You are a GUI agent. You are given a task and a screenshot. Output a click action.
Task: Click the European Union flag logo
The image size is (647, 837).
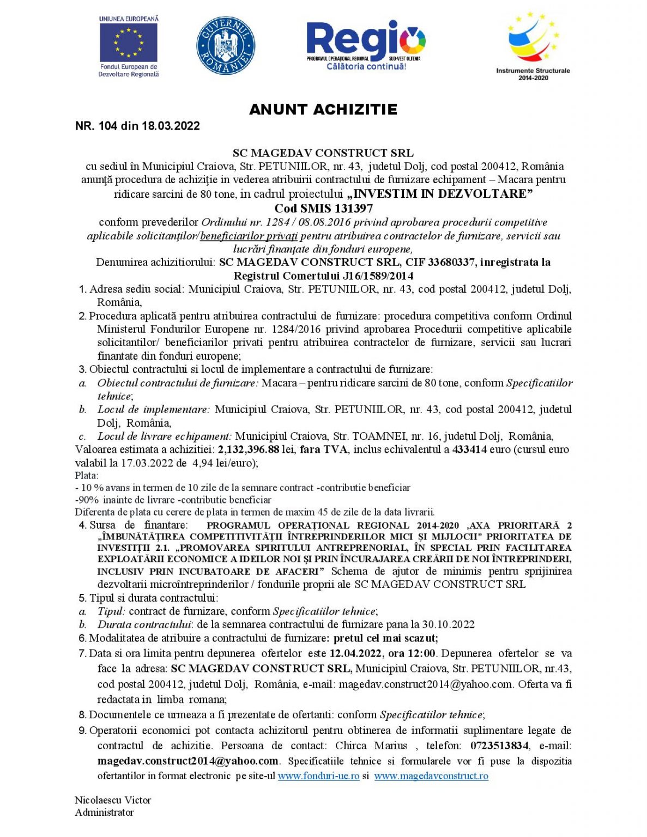point(129,43)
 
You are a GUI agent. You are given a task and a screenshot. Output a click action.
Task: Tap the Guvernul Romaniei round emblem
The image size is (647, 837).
point(225,45)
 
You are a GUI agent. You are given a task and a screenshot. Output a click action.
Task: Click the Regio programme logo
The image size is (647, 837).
point(366,45)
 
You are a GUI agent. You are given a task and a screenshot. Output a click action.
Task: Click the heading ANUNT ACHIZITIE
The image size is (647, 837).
point(323,110)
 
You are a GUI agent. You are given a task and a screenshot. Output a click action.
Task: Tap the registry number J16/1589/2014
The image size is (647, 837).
point(378,276)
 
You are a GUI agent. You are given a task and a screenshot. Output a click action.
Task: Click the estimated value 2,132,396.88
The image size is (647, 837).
point(249,450)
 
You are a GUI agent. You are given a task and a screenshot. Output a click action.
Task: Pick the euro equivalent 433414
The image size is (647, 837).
point(469,450)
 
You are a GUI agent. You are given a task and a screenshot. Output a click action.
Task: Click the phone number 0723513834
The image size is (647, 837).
point(499,745)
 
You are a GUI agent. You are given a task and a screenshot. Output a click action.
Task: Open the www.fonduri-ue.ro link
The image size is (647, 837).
point(318,776)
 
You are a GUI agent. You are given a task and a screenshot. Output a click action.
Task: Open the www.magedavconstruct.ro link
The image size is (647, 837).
point(431,776)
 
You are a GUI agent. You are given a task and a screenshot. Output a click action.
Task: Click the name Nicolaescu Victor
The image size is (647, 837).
point(113,800)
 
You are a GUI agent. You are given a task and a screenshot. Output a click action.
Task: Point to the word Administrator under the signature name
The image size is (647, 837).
point(104,812)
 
